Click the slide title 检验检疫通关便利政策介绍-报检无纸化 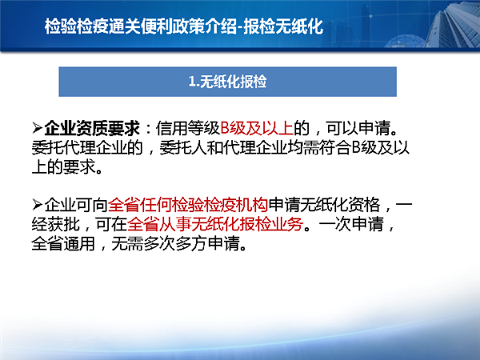[184, 26]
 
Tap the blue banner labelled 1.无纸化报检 [227, 82]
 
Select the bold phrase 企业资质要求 [92, 128]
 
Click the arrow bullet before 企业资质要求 [37, 128]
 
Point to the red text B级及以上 [257, 128]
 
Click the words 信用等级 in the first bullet [188, 128]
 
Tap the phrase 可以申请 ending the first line [358, 128]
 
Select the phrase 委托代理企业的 [87, 148]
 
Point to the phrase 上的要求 [64, 168]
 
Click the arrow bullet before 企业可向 [37, 205]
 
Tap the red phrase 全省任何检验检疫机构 [188, 205]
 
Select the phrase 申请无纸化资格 [324, 205]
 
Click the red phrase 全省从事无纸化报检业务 [215, 224]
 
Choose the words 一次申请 [351, 224]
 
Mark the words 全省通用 [64, 244]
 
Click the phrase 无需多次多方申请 [175, 244]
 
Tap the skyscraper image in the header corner [453, 24]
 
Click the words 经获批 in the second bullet [56, 224]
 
